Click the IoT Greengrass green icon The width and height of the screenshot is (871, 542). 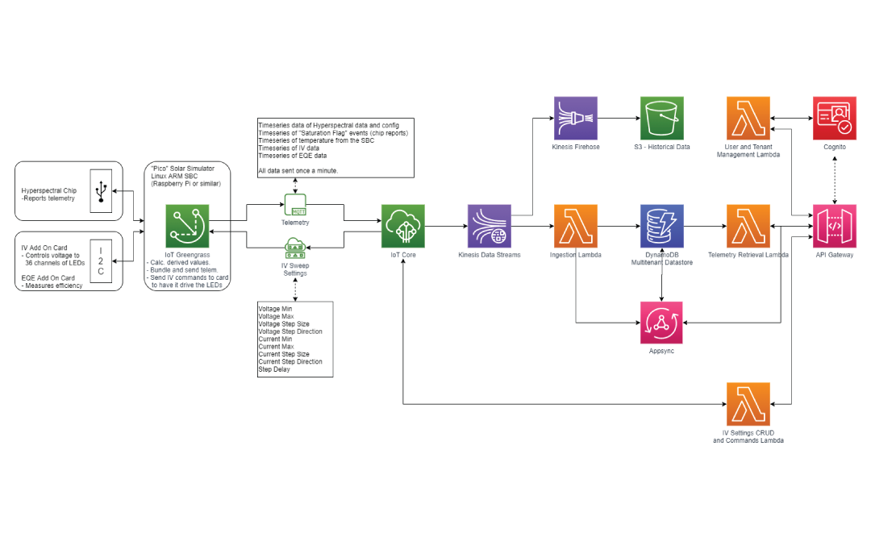pos(187,226)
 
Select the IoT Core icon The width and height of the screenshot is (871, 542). pos(402,226)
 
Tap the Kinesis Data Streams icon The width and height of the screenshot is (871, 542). pos(490,226)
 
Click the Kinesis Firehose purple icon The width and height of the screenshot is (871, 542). pos(576,119)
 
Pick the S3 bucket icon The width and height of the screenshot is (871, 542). pos(662,119)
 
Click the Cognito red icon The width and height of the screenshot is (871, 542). pos(835,119)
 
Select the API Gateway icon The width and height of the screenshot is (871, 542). pos(835,226)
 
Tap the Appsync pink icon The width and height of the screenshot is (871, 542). pos(662,323)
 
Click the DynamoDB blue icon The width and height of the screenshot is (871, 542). pos(662,226)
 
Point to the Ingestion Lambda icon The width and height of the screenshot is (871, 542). pos(576,226)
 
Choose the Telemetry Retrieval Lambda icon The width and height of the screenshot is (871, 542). pos(748,226)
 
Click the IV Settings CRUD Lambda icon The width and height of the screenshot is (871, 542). pos(748,404)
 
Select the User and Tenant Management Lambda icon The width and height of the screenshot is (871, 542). pos(748,119)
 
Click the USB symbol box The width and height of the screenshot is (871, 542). pos(101,191)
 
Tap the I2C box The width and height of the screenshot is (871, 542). pos(101,261)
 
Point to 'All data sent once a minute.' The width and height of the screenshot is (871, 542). pos(298,172)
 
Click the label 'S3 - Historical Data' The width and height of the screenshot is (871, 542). pos(662,147)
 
